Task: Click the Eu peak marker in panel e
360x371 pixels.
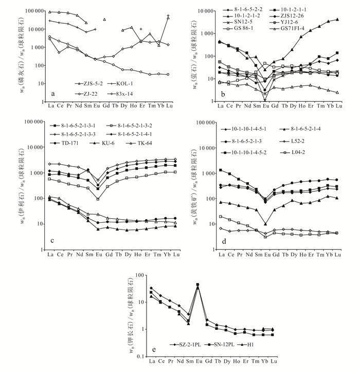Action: pos(197,285)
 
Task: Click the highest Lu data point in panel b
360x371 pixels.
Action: pos(337,20)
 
